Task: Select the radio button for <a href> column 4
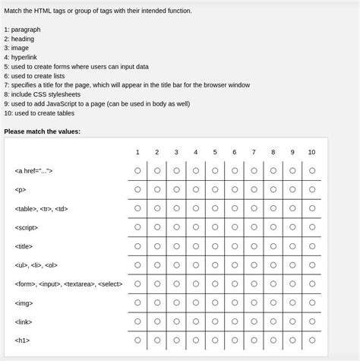click(x=196, y=170)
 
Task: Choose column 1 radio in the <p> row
click(x=137, y=189)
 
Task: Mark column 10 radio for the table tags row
click(x=311, y=208)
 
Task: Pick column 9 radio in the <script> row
click(x=292, y=226)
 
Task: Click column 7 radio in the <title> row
click(x=254, y=245)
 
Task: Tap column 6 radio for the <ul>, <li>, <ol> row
click(x=235, y=264)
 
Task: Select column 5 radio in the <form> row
click(x=215, y=283)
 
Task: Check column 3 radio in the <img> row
click(x=176, y=302)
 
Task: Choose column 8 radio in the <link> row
click(x=273, y=321)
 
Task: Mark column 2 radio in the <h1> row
click(x=157, y=340)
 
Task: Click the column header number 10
click(x=311, y=152)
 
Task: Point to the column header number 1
click(x=137, y=152)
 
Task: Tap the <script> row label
click(x=26, y=227)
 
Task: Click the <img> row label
click(x=24, y=302)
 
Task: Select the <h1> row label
click(x=22, y=340)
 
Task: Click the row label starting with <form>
click(x=68, y=284)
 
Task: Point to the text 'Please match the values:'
click(x=42, y=131)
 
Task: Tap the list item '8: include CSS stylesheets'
click(x=47, y=94)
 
